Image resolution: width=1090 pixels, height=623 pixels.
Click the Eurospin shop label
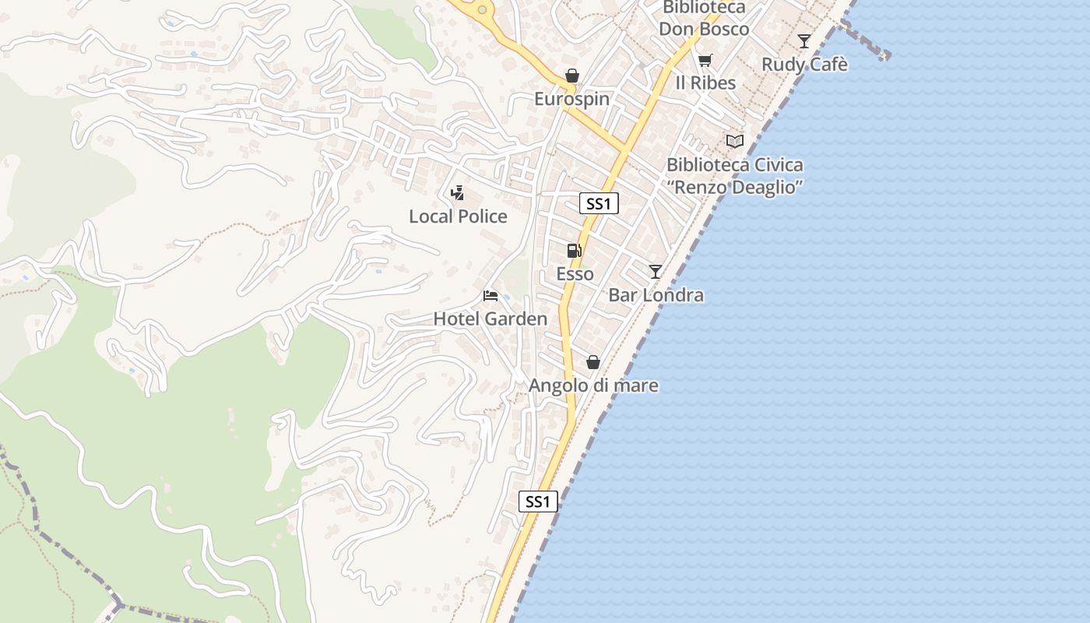click(571, 100)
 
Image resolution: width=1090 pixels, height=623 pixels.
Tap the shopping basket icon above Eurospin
click(572, 76)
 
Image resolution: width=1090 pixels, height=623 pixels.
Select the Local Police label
click(458, 216)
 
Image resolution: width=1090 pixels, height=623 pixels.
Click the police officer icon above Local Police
click(458, 192)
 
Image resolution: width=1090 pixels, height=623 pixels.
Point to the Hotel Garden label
click(490, 319)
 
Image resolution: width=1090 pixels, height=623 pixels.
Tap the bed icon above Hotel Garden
click(490, 295)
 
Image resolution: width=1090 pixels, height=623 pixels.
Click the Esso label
click(575, 274)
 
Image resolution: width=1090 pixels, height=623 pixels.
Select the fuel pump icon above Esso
click(575, 250)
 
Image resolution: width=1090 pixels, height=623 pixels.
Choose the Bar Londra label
click(656, 295)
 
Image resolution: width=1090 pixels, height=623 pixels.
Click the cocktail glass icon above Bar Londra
click(656, 271)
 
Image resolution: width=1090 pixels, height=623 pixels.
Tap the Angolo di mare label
click(593, 385)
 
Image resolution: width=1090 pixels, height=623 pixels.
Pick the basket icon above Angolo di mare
click(593, 362)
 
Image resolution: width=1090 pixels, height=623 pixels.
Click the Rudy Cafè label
click(804, 65)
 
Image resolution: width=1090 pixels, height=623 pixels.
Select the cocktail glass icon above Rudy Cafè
click(804, 40)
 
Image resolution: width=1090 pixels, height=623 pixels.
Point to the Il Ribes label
click(705, 83)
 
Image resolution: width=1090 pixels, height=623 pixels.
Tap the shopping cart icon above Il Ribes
click(705, 59)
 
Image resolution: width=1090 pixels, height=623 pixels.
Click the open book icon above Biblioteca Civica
click(734, 141)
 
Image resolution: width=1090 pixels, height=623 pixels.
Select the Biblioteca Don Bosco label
click(704, 19)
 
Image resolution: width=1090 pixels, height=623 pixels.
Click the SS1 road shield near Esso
click(599, 204)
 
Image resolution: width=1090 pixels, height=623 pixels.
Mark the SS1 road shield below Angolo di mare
click(538, 502)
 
